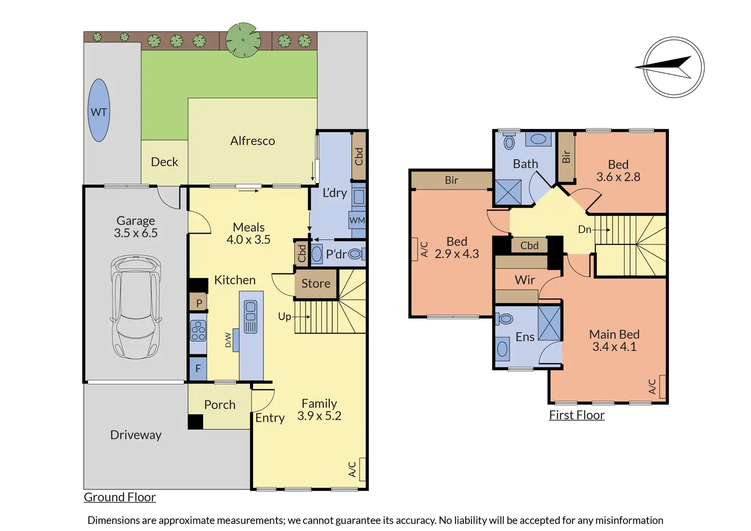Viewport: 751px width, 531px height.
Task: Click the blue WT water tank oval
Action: pyautogui.click(x=98, y=110)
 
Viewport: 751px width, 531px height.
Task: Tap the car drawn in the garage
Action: pyautogui.click(x=136, y=307)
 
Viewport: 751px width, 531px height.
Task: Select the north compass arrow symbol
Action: pyautogui.click(x=664, y=67)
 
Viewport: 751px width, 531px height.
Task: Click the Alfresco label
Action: pyautogui.click(x=253, y=141)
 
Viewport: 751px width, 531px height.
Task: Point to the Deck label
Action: pyautogui.click(x=164, y=162)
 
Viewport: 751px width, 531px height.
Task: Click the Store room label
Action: pyautogui.click(x=316, y=284)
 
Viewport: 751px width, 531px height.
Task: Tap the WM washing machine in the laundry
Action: pyautogui.click(x=357, y=220)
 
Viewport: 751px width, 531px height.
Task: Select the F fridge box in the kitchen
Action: pyautogui.click(x=198, y=369)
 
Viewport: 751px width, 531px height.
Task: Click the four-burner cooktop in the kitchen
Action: pyautogui.click(x=198, y=331)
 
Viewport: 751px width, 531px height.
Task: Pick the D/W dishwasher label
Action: pyautogui.click(x=228, y=340)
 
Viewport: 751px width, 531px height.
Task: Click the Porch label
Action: pyautogui.click(x=219, y=405)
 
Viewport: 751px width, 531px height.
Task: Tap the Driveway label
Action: pyautogui.click(x=136, y=435)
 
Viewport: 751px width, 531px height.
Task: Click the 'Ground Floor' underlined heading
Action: pyautogui.click(x=120, y=497)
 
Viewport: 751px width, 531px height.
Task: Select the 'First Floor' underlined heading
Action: pyautogui.click(x=577, y=415)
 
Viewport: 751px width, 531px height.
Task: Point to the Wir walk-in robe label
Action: pyautogui.click(x=524, y=280)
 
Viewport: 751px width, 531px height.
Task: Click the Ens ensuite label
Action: pyautogui.click(x=524, y=337)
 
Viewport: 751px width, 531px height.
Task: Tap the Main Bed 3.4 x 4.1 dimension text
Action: pyautogui.click(x=614, y=340)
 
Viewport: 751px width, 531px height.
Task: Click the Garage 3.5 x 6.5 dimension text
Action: pyautogui.click(x=136, y=226)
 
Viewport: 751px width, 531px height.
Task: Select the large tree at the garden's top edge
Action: pyautogui.click(x=243, y=40)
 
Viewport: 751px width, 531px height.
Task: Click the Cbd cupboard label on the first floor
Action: pyautogui.click(x=530, y=246)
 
